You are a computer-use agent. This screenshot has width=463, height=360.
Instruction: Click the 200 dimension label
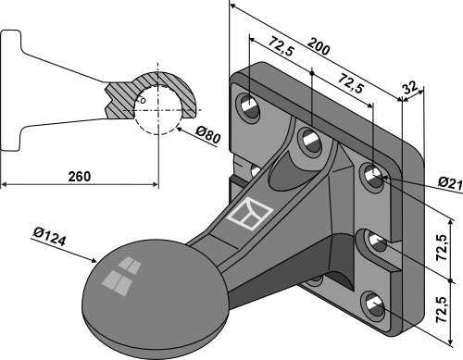[319, 46]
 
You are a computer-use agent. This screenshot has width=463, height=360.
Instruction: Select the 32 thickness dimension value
[410, 88]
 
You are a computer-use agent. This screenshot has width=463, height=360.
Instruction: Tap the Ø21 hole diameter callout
[450, 183]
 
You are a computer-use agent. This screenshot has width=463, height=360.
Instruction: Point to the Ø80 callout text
[208, 136]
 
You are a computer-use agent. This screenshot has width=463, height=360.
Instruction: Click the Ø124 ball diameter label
[50, 237]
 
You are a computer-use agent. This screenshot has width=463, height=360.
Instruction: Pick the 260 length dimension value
[80, 177]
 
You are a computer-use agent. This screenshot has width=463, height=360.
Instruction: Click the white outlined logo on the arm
[250, 214]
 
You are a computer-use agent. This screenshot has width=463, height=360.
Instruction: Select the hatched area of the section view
[151, 93]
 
